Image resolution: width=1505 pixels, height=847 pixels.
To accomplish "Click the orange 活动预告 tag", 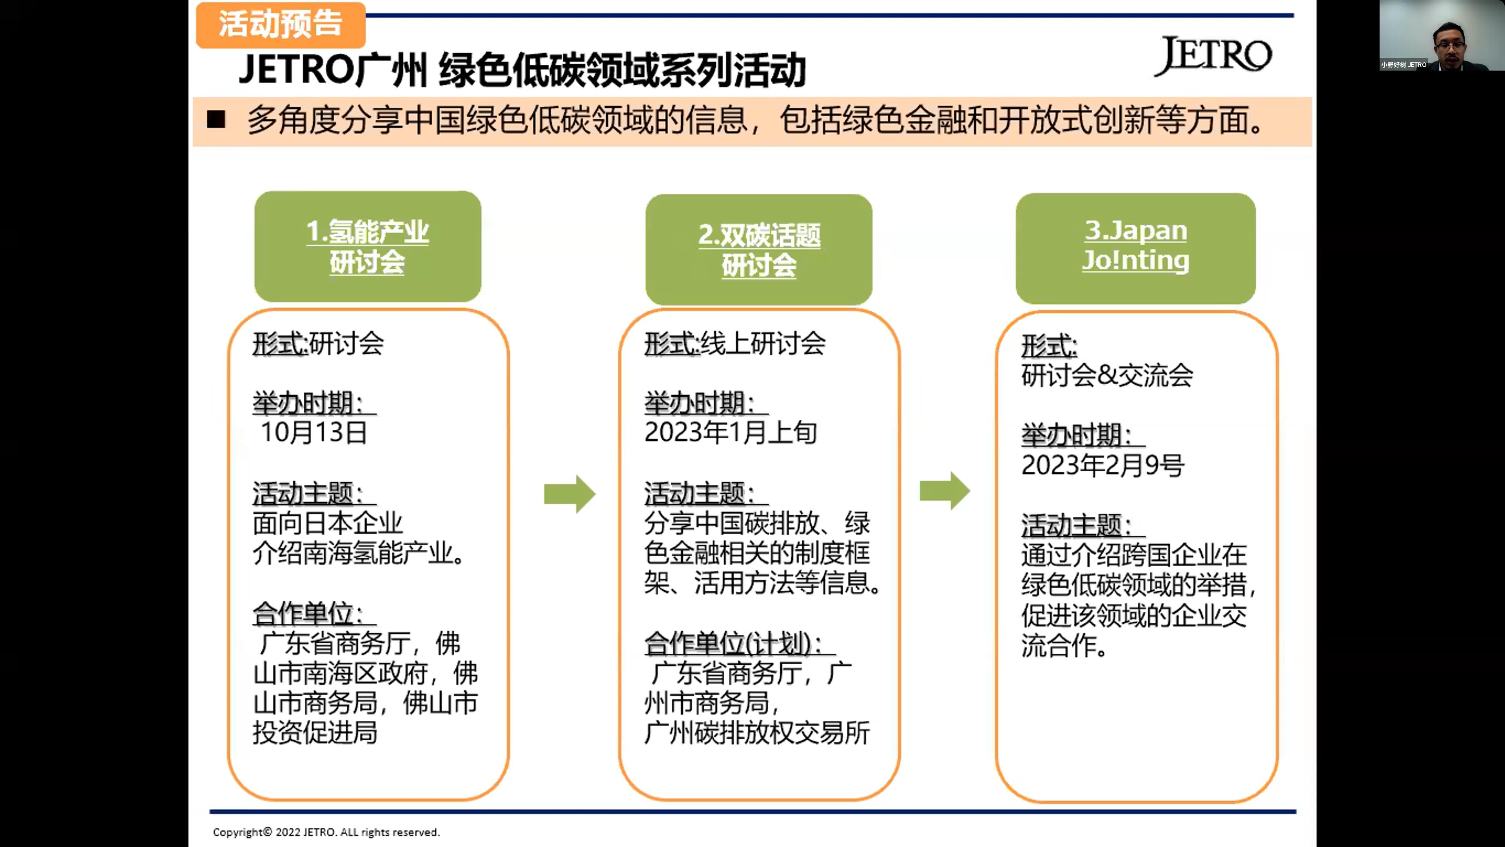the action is pos(281,25).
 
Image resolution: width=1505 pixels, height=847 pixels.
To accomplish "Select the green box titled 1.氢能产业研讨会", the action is pos(368,246).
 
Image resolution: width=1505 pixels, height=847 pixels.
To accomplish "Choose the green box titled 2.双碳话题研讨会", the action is pos(758,250).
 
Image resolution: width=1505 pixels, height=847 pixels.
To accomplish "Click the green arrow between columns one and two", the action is pos(569,494).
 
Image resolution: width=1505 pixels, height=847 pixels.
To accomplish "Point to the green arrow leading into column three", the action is pos(945,491).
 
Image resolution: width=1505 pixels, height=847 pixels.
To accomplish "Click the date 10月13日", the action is pos(314,433).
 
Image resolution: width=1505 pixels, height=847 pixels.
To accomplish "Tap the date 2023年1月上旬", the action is pos(730,433).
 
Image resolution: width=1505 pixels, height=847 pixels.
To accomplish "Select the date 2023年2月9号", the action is pos(1102,465).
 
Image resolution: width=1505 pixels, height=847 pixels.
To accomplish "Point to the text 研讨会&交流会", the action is pos(1107,375).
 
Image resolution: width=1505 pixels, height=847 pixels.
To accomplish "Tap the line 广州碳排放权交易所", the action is pos(757,733).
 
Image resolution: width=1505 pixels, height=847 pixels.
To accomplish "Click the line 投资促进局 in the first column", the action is pos(315,733).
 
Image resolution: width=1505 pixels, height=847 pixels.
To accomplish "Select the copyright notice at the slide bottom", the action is pos(326,832).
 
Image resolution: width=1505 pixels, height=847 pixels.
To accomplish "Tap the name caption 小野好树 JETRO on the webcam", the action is pos(1403,65).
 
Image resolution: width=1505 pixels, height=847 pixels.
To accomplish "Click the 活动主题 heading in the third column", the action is pos(1075,525).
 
